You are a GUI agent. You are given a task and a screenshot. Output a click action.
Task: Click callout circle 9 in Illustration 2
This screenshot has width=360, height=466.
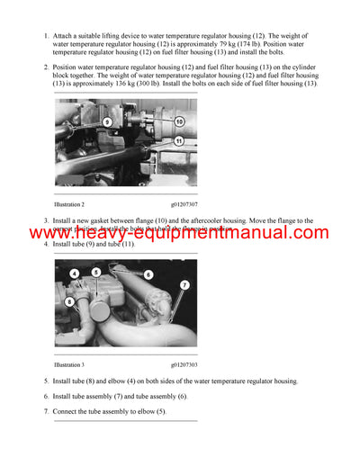106,121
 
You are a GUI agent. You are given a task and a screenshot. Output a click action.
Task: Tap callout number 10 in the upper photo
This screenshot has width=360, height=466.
179,121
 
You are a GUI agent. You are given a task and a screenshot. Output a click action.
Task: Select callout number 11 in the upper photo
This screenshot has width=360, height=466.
179,141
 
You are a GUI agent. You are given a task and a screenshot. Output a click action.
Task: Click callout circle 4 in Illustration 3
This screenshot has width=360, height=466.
73,273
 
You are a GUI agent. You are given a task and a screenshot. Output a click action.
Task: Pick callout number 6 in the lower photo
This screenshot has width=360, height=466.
148,273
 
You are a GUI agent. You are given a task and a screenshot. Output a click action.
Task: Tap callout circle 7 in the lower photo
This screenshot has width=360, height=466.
184,285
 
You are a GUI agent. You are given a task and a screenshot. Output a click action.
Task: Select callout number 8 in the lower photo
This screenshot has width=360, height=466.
68,302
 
